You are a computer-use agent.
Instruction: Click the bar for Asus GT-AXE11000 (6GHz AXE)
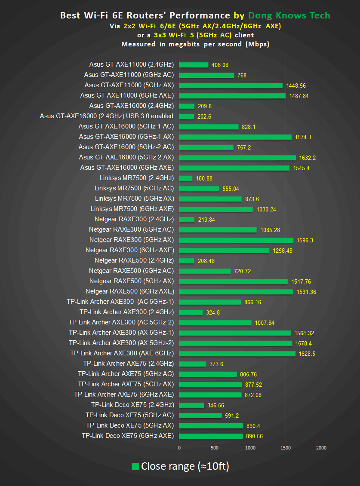pos(232,95)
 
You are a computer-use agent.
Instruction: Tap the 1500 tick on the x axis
pos(286,448)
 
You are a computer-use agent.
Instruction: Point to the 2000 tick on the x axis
pos(321,448)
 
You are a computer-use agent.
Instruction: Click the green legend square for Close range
pos(135,467)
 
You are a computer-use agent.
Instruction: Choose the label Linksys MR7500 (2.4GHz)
pos(136,178)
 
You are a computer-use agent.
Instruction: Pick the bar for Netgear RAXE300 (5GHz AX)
pos(236,240)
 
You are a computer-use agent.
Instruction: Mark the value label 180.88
pos(204,178)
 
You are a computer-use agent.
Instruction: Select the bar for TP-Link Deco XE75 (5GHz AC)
pos(200,415)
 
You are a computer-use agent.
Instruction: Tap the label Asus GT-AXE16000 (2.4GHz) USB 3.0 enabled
pos(107,116)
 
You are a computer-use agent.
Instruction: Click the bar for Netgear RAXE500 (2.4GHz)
pos(187,260)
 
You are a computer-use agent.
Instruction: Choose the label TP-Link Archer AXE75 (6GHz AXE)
pos(124,394)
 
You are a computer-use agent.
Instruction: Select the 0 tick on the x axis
pos(179,448)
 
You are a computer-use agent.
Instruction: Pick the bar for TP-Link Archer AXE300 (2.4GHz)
pos(191,312)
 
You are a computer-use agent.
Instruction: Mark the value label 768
pos(242,75)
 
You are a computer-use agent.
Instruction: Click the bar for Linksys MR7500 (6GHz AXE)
pos(216,209)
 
